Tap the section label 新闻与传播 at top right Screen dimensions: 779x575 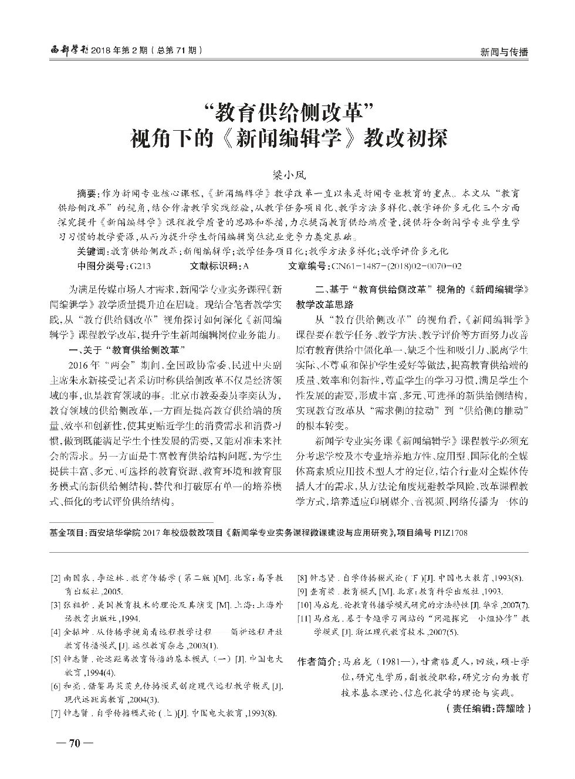click(x=504, y=52)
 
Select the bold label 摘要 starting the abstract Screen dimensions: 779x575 click(x=89, y=193)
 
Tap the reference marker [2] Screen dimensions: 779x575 click(x=56, y=578)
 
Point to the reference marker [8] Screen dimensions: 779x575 click(x=303, y=578)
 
